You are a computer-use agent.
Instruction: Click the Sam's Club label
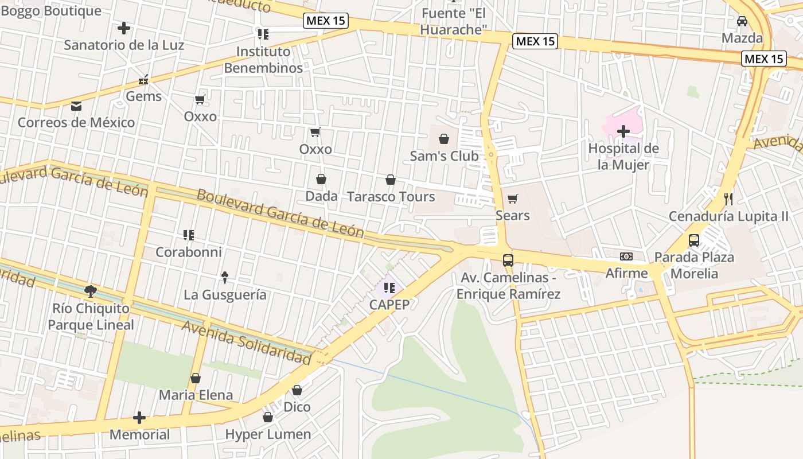click(444, 156)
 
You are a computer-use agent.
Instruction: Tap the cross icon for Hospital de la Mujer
click(623, 131)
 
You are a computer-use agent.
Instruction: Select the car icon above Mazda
click(742, 21)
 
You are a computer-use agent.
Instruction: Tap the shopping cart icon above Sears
click(513, 199)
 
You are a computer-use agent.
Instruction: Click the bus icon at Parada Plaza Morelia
click(694, 240)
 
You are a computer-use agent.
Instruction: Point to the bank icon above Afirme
click(626, 256)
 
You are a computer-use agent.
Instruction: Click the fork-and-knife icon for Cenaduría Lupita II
click(728, 199)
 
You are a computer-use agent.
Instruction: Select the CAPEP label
click(389, 305)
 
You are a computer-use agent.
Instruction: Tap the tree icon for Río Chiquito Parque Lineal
click(91, 291)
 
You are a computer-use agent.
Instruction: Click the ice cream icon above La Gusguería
click(225, 278)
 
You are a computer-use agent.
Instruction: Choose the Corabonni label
click(189, 252)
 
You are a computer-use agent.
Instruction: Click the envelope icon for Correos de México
click(76, 106)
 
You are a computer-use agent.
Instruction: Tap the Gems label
click(144, 96)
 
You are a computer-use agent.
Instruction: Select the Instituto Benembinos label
click(263, 60)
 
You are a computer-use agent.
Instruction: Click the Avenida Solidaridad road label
click(247, 343)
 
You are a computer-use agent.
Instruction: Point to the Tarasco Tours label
click(391, 197)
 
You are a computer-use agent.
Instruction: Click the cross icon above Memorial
click(139, 418)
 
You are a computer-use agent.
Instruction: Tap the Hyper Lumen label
click(268, 434)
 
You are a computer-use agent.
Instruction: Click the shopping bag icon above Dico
click(297, 390)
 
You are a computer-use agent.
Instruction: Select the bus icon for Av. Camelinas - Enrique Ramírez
click(508, 260)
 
